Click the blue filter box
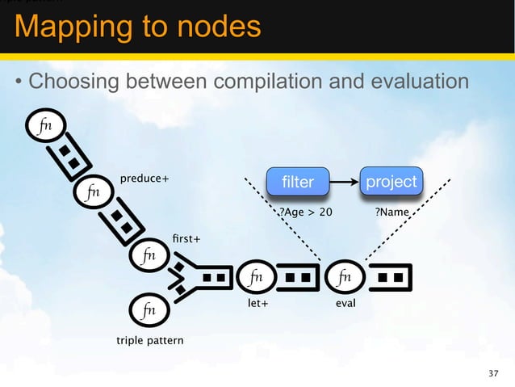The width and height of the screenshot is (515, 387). pos(298,182)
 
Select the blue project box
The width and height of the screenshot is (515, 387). pos(391,182)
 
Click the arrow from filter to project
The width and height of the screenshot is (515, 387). pos(344,182)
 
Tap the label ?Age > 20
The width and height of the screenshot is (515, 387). pos(305,212)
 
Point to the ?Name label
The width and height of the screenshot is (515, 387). pos(391,212)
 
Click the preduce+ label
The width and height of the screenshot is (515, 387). pos(144,179)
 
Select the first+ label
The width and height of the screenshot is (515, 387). pos(186,239)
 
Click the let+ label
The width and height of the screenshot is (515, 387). pos(256,305)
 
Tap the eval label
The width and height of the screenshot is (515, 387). pos(345,305)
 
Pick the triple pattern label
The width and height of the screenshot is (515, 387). pos(149,340)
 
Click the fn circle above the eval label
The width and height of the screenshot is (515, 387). pos(345,278)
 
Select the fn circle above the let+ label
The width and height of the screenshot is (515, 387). pos(257,278)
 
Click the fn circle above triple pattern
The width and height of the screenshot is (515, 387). pos(149,309)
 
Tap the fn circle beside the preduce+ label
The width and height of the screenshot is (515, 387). pos(94,193)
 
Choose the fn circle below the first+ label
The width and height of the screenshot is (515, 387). pos(148,255)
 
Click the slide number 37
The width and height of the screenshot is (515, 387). pos(494,373)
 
